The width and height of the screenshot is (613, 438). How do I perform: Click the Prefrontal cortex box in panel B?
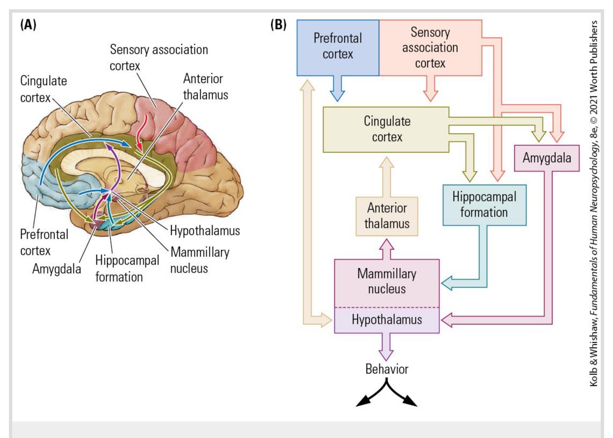pos(338,47)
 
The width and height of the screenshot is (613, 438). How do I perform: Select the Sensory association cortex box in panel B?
pos(430,47)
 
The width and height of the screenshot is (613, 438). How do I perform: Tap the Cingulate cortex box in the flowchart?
pos(386,129)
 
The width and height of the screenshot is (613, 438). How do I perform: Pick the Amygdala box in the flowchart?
pos(547,158)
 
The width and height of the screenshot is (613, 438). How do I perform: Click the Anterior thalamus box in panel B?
pos(387,216)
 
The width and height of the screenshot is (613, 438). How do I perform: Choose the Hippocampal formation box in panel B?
pos(484,205)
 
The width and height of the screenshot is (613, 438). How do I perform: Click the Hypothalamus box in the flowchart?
pos(387,320)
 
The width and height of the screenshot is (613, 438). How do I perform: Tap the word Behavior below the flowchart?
pos(387,369)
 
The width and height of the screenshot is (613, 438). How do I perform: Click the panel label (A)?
pos(28,25)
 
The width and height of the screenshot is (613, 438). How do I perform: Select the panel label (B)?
pos(278,25)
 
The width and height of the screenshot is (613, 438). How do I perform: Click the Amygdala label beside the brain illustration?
pos(57,269)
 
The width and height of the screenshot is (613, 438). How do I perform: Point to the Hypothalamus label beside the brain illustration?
pos(205,231)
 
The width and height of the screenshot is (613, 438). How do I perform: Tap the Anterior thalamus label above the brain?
pos(206,87)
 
